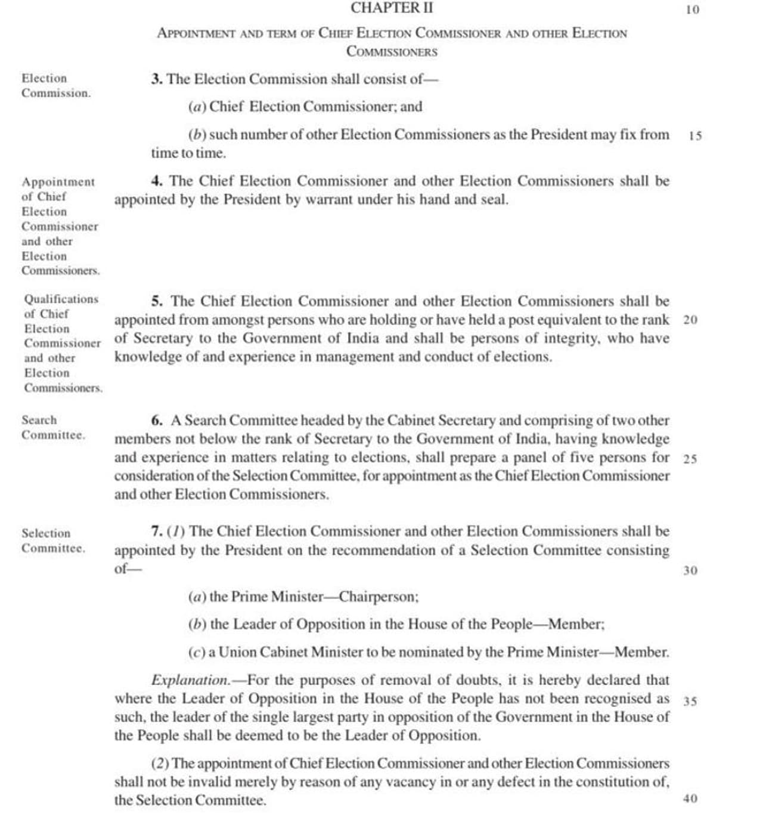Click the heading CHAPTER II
tap(392, 8)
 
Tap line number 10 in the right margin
tap(693, 10)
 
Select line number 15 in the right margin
tap(695, 136)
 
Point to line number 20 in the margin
tap(690, 320)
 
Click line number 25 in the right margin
tap(690, 459)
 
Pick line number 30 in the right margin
tap(690, 571)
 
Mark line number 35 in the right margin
tap(690, 702)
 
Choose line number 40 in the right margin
tap(690, 799)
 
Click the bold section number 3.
tap(156, 79)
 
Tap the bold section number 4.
tap(157, 181)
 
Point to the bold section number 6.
tap(157, 421)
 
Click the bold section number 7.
tap(157, 532)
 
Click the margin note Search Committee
tap(53, 428)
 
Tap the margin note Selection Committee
tap(53, 540)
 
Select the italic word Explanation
tap(190, 681)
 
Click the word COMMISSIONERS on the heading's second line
tap(392, 52)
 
